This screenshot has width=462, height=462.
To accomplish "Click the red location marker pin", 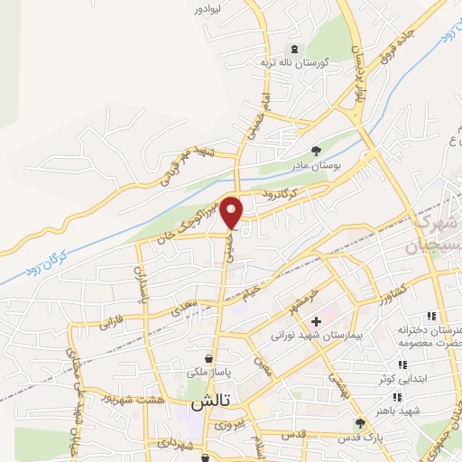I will (x=233, y=212).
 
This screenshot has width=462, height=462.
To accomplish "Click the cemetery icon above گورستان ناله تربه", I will (x=291, y=49).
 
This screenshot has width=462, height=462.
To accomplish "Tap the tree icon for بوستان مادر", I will (x=316, y=151).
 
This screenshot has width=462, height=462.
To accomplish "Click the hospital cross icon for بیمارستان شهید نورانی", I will (x=316, y=321).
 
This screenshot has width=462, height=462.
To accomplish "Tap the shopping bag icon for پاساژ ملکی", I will (x=209, y=357).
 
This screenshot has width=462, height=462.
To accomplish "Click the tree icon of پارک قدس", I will (x=361, y=423).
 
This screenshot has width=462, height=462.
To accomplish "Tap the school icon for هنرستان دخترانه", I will (x=431, y=316).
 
